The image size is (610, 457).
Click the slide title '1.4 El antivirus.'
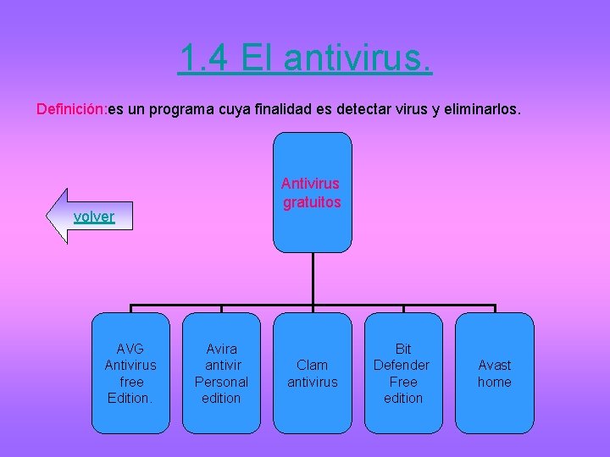tap(305, 58)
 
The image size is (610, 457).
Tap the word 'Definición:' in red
tap(70, 109)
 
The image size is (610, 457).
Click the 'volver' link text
tap(93, 217)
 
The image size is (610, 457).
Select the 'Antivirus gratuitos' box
tap(313, 192)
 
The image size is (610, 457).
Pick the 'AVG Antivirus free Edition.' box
tap(130, 372)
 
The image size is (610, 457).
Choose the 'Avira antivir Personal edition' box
tap(221, 372)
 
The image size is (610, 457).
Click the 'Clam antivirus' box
tap(313, 372)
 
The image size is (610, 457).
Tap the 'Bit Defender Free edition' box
tap(403, 372)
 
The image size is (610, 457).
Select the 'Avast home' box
tap(495, 372)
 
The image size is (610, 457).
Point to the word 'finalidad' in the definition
tap(284, 109)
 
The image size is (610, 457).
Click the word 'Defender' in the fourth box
tap(402, 365)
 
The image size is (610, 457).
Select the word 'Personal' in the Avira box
tap(221, 382)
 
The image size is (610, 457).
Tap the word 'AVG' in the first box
tap(130, 349)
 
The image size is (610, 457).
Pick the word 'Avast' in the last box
tap(495, 365)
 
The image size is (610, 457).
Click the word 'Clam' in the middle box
tap(313, 365)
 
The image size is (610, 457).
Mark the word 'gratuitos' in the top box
tap(313, 202)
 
